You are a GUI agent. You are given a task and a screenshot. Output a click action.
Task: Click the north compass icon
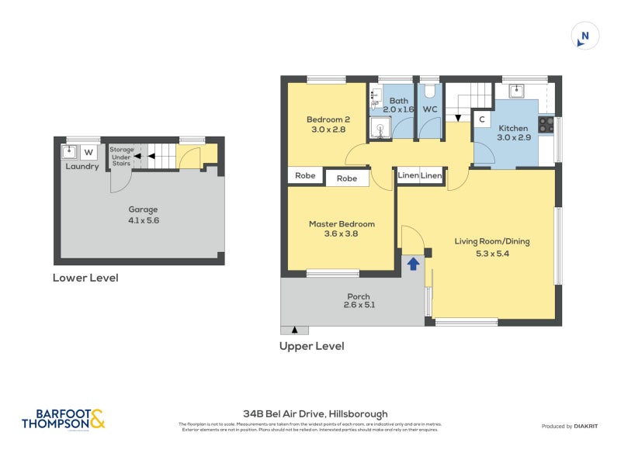tap(585, 36)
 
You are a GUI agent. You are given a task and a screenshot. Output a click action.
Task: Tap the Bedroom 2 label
tap(328, 119)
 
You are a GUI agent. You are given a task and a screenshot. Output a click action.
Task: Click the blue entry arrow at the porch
tap(413, 264)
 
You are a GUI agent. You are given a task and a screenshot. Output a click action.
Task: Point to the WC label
tap(430, 109)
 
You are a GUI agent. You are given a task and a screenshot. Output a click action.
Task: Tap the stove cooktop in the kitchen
tap(546, 124)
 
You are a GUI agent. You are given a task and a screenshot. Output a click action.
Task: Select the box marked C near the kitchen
tap(482, 119)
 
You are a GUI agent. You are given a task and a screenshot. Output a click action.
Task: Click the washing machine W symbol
tap(88, 151)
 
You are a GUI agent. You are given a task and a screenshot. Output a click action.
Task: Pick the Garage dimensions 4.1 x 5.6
tap(143, 220)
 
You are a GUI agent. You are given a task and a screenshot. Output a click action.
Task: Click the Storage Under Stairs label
tap(121, 156)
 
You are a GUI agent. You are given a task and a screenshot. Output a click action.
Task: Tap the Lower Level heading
tap(85, 278)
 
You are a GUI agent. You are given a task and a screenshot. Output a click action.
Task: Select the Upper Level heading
tap(311, 346)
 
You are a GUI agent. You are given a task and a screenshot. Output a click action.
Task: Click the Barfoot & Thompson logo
tap(63, 419)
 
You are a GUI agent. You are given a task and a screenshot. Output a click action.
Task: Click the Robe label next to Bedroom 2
tap(305, 176)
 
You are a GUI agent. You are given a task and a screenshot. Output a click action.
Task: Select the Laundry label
tap(82, 166)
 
